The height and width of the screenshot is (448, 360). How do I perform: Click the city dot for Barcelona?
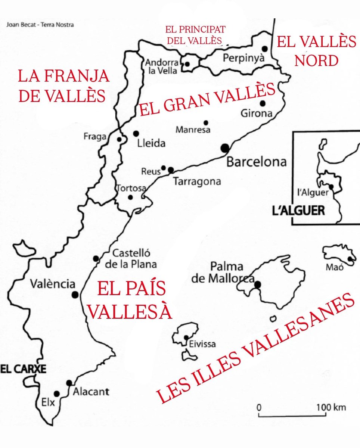[x=225, y=148]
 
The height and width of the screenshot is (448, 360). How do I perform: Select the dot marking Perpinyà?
[x=265, y=49]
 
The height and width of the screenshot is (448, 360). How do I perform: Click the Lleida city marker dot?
[x=136, y=133]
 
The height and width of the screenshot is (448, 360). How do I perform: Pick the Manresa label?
[x=193, y=130]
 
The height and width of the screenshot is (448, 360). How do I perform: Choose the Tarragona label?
[x=197, y=182]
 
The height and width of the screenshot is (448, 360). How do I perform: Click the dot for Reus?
[x=164, y=168]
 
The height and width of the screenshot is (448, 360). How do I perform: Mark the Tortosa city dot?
[x=130, y=197]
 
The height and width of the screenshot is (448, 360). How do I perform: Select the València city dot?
[x=75, y=295]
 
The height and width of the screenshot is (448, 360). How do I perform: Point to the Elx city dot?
[x=56, y=394]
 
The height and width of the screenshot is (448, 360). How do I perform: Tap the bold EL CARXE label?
[x=23, y=369]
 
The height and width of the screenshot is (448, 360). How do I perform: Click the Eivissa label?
[x=202, y=344]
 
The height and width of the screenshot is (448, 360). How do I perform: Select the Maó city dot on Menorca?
[x=350, y=259]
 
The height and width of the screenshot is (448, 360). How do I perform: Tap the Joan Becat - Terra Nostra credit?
[x=40, y=25]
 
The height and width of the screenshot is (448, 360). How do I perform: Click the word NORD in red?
[x=316, y=60]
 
